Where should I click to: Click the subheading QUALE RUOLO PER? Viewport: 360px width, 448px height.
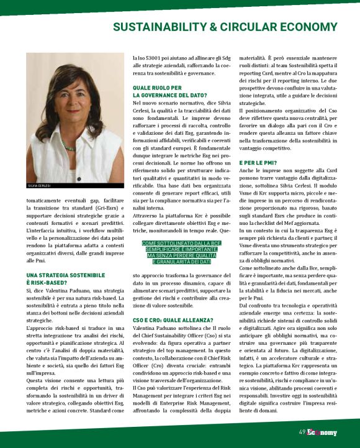click(x=158, y=88)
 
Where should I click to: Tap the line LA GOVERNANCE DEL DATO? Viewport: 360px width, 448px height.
click(x=169, y=95)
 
